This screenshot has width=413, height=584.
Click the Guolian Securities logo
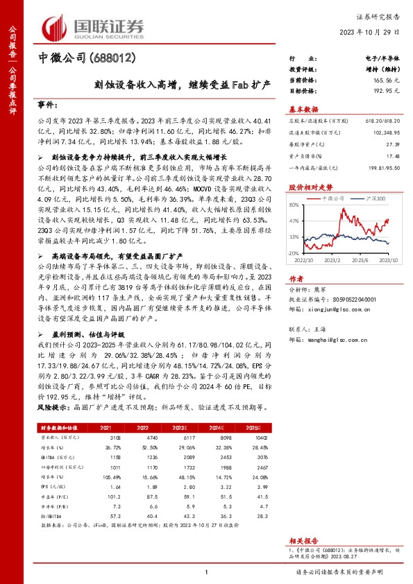[94, 26]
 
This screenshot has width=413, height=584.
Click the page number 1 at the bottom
[206, 571]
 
